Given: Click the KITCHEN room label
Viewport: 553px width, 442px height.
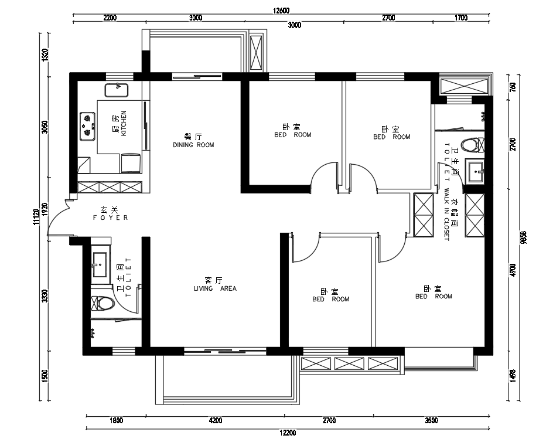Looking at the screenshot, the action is point(124,123).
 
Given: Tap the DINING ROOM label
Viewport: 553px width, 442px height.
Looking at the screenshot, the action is point(193,145).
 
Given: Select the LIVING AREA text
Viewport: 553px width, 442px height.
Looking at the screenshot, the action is point(215,288).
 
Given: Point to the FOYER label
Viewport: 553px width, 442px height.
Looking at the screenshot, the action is point(110,217).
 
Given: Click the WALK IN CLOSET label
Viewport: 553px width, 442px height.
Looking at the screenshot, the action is point(446,215).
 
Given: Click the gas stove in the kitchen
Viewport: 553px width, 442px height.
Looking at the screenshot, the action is point(87,126).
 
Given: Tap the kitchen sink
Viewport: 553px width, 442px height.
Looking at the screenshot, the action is point(117,90).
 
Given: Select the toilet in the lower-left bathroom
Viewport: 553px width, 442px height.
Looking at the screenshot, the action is point(103,303).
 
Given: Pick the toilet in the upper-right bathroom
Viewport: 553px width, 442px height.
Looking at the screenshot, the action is point(473,145).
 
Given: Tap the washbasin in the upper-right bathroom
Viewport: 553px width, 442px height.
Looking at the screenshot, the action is point(475,171).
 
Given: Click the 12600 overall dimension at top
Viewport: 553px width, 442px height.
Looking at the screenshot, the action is point(281,11).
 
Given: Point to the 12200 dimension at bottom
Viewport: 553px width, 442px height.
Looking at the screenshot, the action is point(288,433).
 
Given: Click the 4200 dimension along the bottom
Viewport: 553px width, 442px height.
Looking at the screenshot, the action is point(216,420).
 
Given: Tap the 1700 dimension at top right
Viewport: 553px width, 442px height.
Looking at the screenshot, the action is point(461,18).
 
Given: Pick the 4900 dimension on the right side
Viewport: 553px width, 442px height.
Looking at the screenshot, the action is point(513,270).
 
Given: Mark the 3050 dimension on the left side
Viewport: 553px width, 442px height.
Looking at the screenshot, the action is point(45,127).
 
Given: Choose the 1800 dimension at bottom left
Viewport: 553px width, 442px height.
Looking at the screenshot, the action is point(117,420).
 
